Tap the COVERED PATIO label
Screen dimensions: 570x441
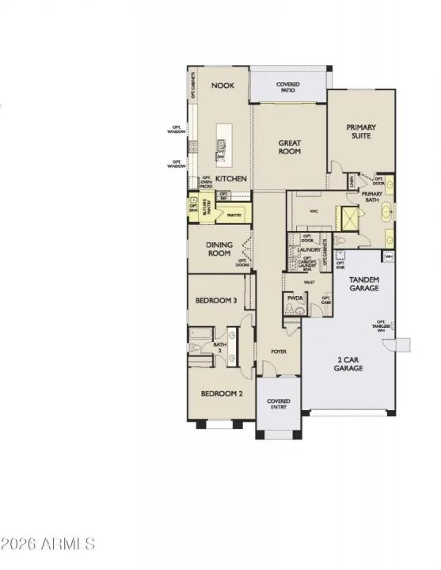pos(287,87)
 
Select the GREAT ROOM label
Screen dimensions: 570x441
pos(289,147)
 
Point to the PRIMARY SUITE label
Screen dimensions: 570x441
pos(361,131)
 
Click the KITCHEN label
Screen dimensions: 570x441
pos(231,179)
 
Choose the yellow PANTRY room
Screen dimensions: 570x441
pos(233,213)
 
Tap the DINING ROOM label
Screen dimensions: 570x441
pos(219,249)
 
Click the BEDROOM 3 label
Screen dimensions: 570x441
pos(217,300)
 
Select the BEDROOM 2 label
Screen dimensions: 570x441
pos(221,393)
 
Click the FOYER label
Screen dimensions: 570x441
pos(279,351)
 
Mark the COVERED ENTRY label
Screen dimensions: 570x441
pos(278,405)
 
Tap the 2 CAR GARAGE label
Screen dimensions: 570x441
pos(348,364)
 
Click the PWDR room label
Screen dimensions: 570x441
pos(295,298)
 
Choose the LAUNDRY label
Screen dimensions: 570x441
pos(310,249)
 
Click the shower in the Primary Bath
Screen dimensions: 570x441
pos(346,217)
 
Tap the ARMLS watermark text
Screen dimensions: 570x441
pos(48,544)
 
